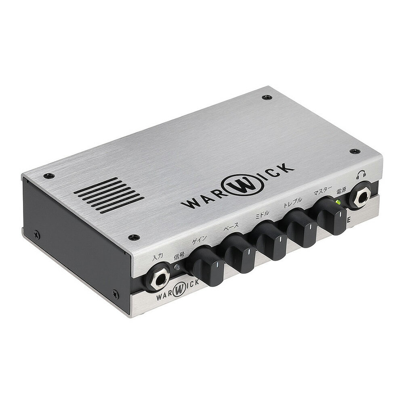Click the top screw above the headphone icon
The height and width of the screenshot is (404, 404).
355,151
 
